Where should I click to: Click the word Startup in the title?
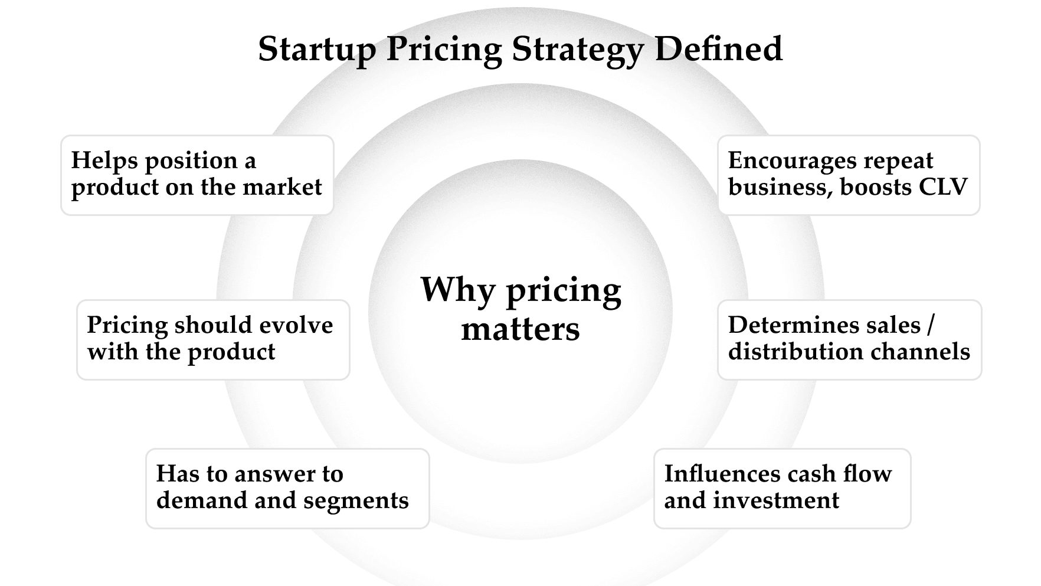(317, 49)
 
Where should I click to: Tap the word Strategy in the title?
(578, 49)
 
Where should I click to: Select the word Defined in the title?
(718, 49)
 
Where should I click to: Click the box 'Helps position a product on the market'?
(197, 175)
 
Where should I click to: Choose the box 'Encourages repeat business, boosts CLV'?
(849, 175)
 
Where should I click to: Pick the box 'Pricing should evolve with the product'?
(213, 339)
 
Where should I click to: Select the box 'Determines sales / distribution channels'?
(849, 339)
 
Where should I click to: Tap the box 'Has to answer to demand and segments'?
(287, 488)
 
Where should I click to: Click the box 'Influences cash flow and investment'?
(782, 488)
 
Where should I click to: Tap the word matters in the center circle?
(520, 329)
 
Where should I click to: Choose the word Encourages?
(788, 161)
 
